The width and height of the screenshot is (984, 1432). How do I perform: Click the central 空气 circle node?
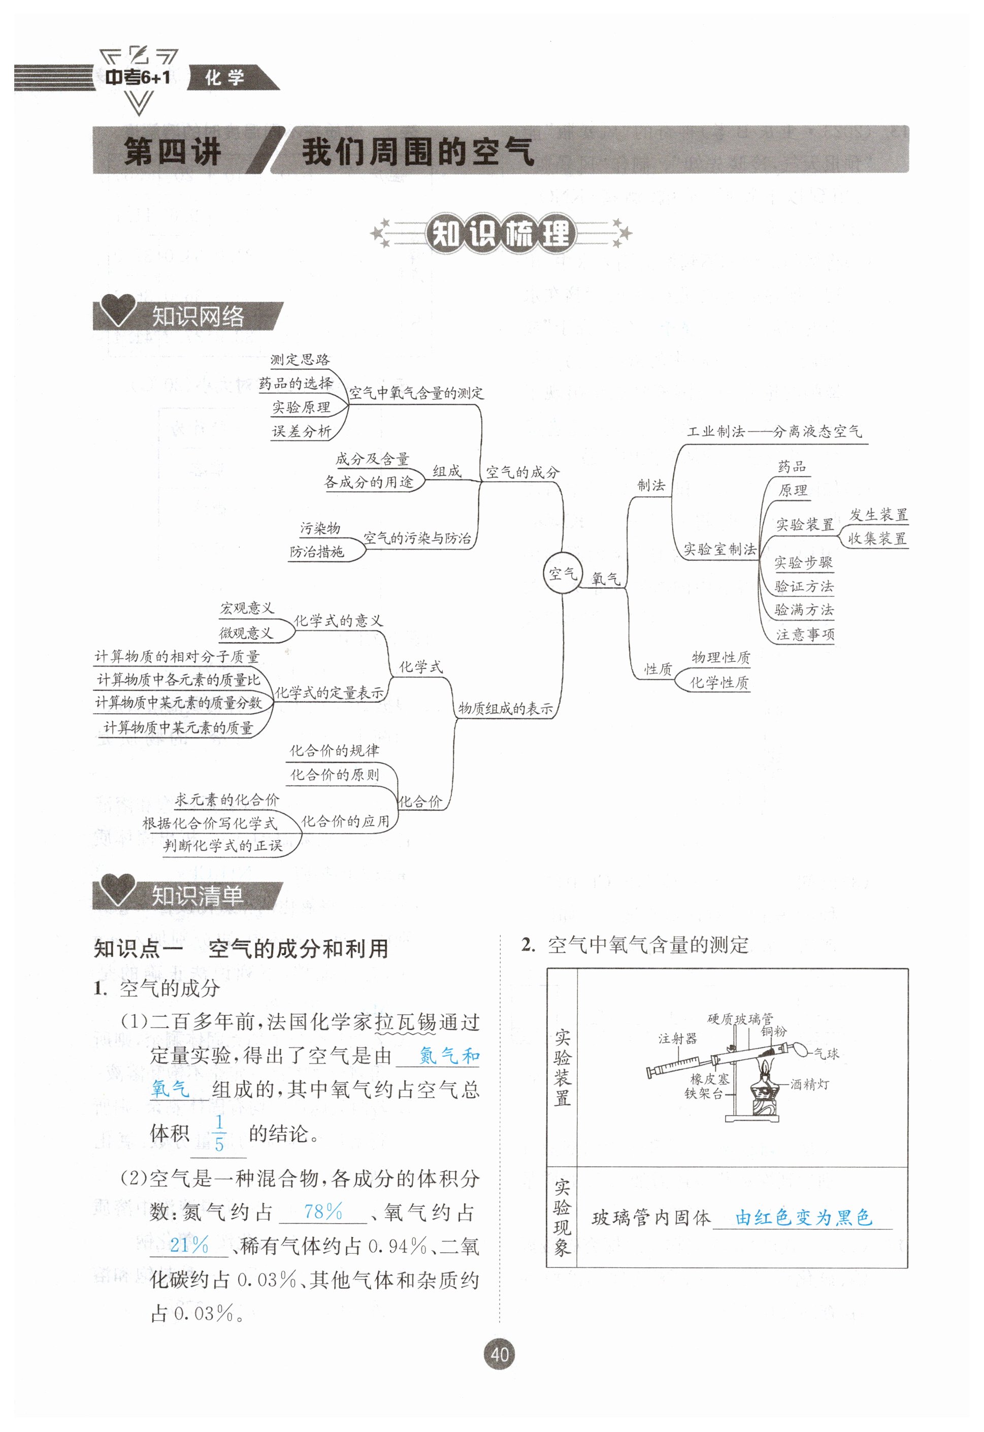562,574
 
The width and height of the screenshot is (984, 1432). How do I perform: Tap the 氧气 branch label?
605,579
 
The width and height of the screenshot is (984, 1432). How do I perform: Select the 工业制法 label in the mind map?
716,431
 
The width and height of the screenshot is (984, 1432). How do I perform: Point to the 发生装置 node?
878,515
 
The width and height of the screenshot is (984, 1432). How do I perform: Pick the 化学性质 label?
719,682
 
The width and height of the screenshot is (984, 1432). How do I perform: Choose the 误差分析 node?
301,431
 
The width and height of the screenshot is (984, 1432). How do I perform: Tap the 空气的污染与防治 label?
417,538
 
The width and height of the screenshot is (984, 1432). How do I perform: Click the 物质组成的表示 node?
505,708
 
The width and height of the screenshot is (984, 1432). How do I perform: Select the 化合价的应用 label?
345,821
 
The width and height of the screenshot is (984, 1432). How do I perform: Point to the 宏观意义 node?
247,608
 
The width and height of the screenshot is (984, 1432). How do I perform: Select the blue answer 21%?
189,1245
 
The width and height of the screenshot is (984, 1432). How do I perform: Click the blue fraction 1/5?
219,1133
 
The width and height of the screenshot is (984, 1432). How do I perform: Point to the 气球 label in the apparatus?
826,1054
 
